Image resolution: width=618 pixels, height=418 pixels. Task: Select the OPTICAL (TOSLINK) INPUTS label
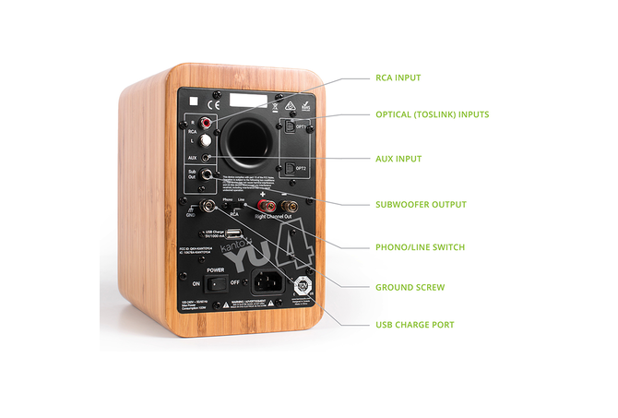433,115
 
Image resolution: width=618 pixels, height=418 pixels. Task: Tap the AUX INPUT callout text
398,159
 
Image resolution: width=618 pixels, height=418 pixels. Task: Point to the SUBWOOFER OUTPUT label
421,204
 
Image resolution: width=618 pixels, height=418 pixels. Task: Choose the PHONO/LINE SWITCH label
420,246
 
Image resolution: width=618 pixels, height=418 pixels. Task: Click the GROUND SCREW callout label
410,287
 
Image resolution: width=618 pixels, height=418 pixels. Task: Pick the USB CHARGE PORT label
415,325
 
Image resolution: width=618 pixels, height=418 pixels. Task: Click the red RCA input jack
206,122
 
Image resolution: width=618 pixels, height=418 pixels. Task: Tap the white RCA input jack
207,140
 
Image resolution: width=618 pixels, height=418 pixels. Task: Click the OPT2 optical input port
287,167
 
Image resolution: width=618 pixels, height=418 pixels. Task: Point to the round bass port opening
244,140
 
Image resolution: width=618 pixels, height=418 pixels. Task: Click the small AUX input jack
205,158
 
